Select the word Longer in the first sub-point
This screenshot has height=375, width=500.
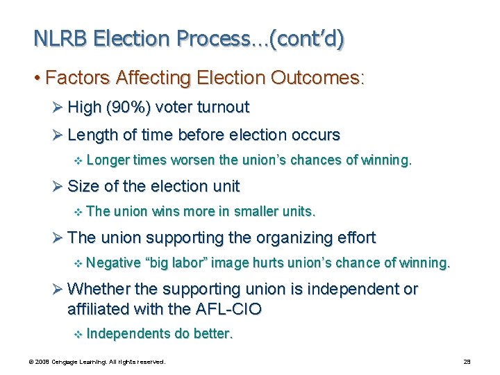(108, 160)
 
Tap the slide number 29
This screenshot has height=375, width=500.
(467, 362)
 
